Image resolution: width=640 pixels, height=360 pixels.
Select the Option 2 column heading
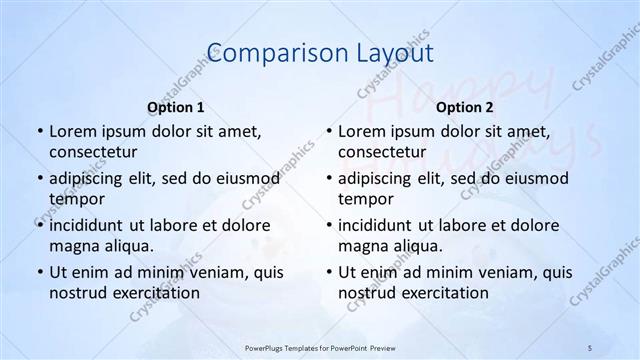coord(465,106)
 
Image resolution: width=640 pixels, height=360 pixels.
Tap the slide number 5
coord(590,347)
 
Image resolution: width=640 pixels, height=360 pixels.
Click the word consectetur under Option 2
coord(382,152)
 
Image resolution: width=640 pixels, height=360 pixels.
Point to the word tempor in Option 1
coord(76,198)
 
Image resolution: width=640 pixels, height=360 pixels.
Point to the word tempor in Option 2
coord(365,198)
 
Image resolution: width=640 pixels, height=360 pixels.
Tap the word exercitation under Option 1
coord(154,293)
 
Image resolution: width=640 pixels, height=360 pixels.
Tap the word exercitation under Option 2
coord(443,293)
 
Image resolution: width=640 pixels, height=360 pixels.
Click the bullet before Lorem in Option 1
coord(39,131)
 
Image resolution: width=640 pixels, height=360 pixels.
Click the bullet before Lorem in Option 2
coord(328,131)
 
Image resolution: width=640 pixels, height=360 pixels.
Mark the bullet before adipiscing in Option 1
coord(39,178)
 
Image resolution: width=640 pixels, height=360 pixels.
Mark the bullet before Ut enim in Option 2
coord(328,272)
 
